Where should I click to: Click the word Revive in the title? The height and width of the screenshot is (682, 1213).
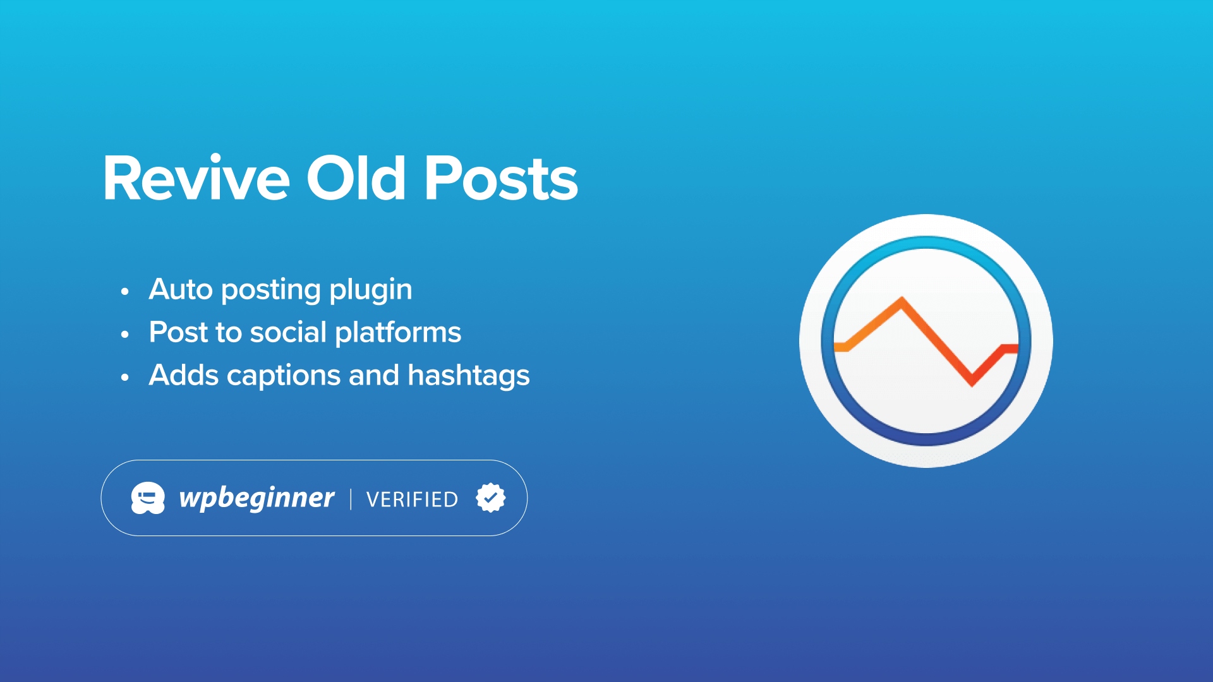pos(196,178)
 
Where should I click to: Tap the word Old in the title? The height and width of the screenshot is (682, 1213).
pos(356,178)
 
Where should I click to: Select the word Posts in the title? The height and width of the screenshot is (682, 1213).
pos(500,178)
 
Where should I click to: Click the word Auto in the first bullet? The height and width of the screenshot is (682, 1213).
pos(181,289)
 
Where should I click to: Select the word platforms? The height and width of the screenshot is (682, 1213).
pos(398,334)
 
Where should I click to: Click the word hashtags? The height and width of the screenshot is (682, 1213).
pos(469,376)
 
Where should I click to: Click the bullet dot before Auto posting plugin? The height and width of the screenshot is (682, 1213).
pos(125,291)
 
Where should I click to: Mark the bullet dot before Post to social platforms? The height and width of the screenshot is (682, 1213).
pos(125,334)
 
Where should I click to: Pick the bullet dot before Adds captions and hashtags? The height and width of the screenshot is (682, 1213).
pos(125,377)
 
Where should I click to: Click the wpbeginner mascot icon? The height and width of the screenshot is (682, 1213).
pos(148,498)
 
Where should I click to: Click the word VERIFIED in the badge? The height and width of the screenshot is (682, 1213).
pos(412,500)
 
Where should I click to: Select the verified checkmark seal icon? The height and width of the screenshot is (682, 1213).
pos(491,498)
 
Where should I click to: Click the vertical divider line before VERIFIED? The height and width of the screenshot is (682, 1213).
pos(351,499)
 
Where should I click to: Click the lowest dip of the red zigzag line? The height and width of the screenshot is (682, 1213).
pos(972,383)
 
